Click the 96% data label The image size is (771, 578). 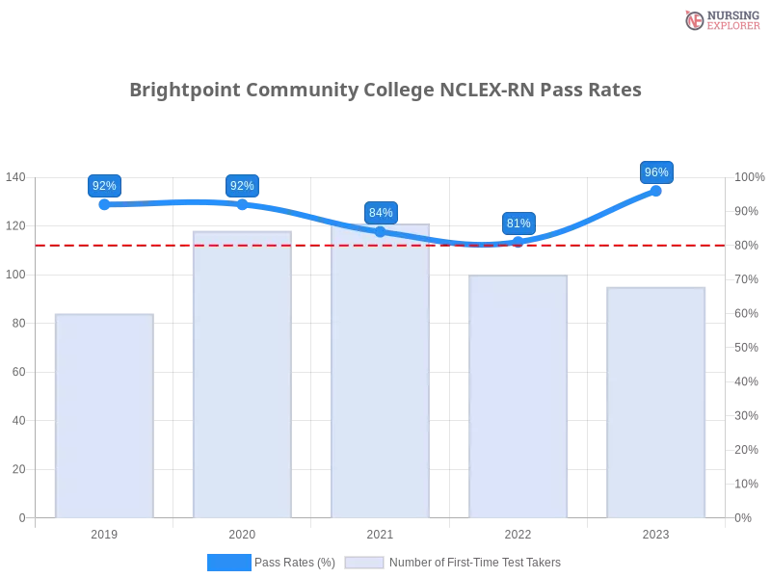coord(656,172)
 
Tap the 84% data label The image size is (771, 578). coord(381,213)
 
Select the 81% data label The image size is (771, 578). coord(518,223)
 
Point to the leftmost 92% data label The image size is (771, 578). coord(103,186)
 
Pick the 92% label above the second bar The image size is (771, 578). coord(242,186)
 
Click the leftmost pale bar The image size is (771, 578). coord(104,414)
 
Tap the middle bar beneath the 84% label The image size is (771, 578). coord(381,376)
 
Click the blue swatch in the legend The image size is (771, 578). coord(229,562)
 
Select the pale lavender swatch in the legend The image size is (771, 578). coord(364,563)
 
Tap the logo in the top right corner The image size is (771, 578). coord(720,20)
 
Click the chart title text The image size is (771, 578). coord(385,91)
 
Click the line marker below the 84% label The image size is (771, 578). coord(381,232)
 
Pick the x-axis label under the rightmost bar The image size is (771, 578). coord(656,532)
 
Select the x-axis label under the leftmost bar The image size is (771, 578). coord(104,532)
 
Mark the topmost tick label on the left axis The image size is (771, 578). coord(16,177)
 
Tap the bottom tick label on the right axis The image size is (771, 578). coord(744,516)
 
